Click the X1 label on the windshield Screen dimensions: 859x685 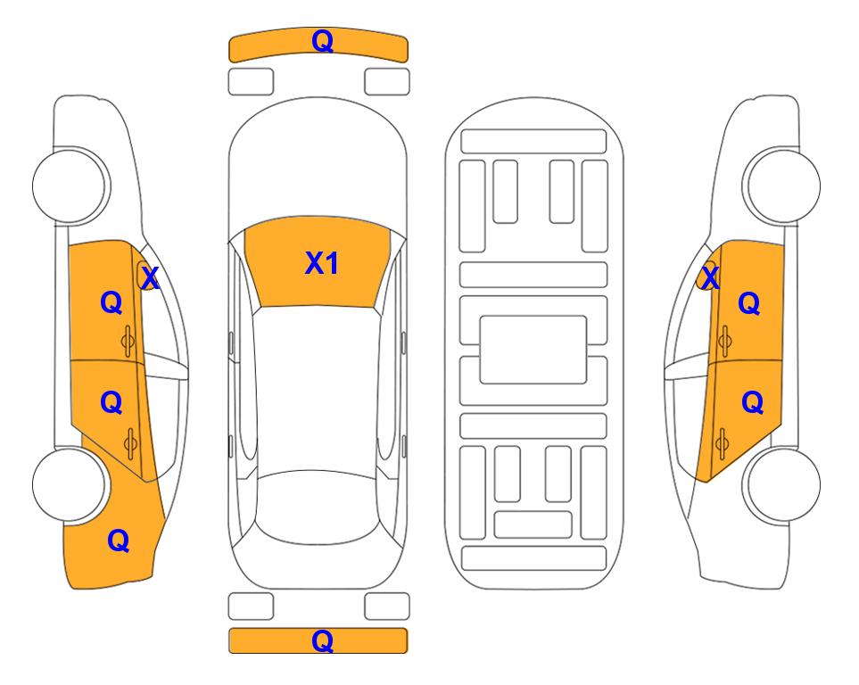pos(322,263)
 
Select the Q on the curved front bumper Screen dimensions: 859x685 pos(322,41)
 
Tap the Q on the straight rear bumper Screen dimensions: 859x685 pos(322,640)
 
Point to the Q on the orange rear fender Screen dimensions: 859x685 pos(119,541)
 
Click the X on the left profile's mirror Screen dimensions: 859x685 pos(150,277)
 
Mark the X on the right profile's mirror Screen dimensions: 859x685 pos(710,277)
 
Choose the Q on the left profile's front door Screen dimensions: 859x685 pos(112,302)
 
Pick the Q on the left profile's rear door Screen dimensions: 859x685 pos(112,403)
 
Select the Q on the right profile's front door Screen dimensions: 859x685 pos(749,303)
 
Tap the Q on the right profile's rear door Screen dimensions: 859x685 pos(752,403)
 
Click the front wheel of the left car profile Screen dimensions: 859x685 pos(70,186)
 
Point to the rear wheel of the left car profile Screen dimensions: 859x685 pos(70,485)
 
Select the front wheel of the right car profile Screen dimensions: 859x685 pos(783,186)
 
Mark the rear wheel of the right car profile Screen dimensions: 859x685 pos(783,485)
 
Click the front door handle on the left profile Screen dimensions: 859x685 pos(128,341)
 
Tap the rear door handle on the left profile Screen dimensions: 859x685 pos(130,444)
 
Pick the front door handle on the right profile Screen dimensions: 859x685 pos(724,341)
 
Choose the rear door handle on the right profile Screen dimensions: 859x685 pos(722,444)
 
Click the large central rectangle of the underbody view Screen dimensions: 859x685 pos(533,350)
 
